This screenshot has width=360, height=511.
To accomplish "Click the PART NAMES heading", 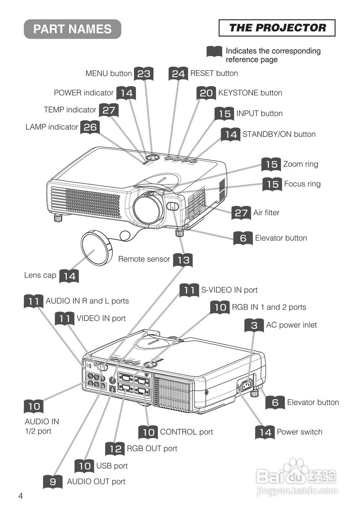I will (72, 29).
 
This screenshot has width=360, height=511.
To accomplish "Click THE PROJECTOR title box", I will (277, 28).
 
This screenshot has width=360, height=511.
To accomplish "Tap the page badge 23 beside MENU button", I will (144, 73).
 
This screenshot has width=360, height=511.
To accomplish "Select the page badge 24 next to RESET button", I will (178, 73).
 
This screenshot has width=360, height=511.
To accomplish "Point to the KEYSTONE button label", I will (250, 93).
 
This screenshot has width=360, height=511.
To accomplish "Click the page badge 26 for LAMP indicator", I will (90, 127).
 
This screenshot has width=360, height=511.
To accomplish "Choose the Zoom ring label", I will (300, 164).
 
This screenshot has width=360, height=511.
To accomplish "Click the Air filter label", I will (266, 213).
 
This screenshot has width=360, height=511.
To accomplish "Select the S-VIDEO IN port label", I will (229, 290).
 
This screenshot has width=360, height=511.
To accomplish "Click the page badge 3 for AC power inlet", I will (254, 325).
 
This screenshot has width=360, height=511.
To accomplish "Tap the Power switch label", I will (299, 432).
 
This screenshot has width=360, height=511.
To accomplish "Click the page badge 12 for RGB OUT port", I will (115, 449).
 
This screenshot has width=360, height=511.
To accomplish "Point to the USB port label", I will (112, 466).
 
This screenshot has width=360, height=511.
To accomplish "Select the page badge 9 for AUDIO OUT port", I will (53, 482).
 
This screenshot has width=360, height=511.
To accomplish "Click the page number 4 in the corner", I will (20, 496).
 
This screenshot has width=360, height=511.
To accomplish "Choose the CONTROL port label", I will (186, 432).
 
